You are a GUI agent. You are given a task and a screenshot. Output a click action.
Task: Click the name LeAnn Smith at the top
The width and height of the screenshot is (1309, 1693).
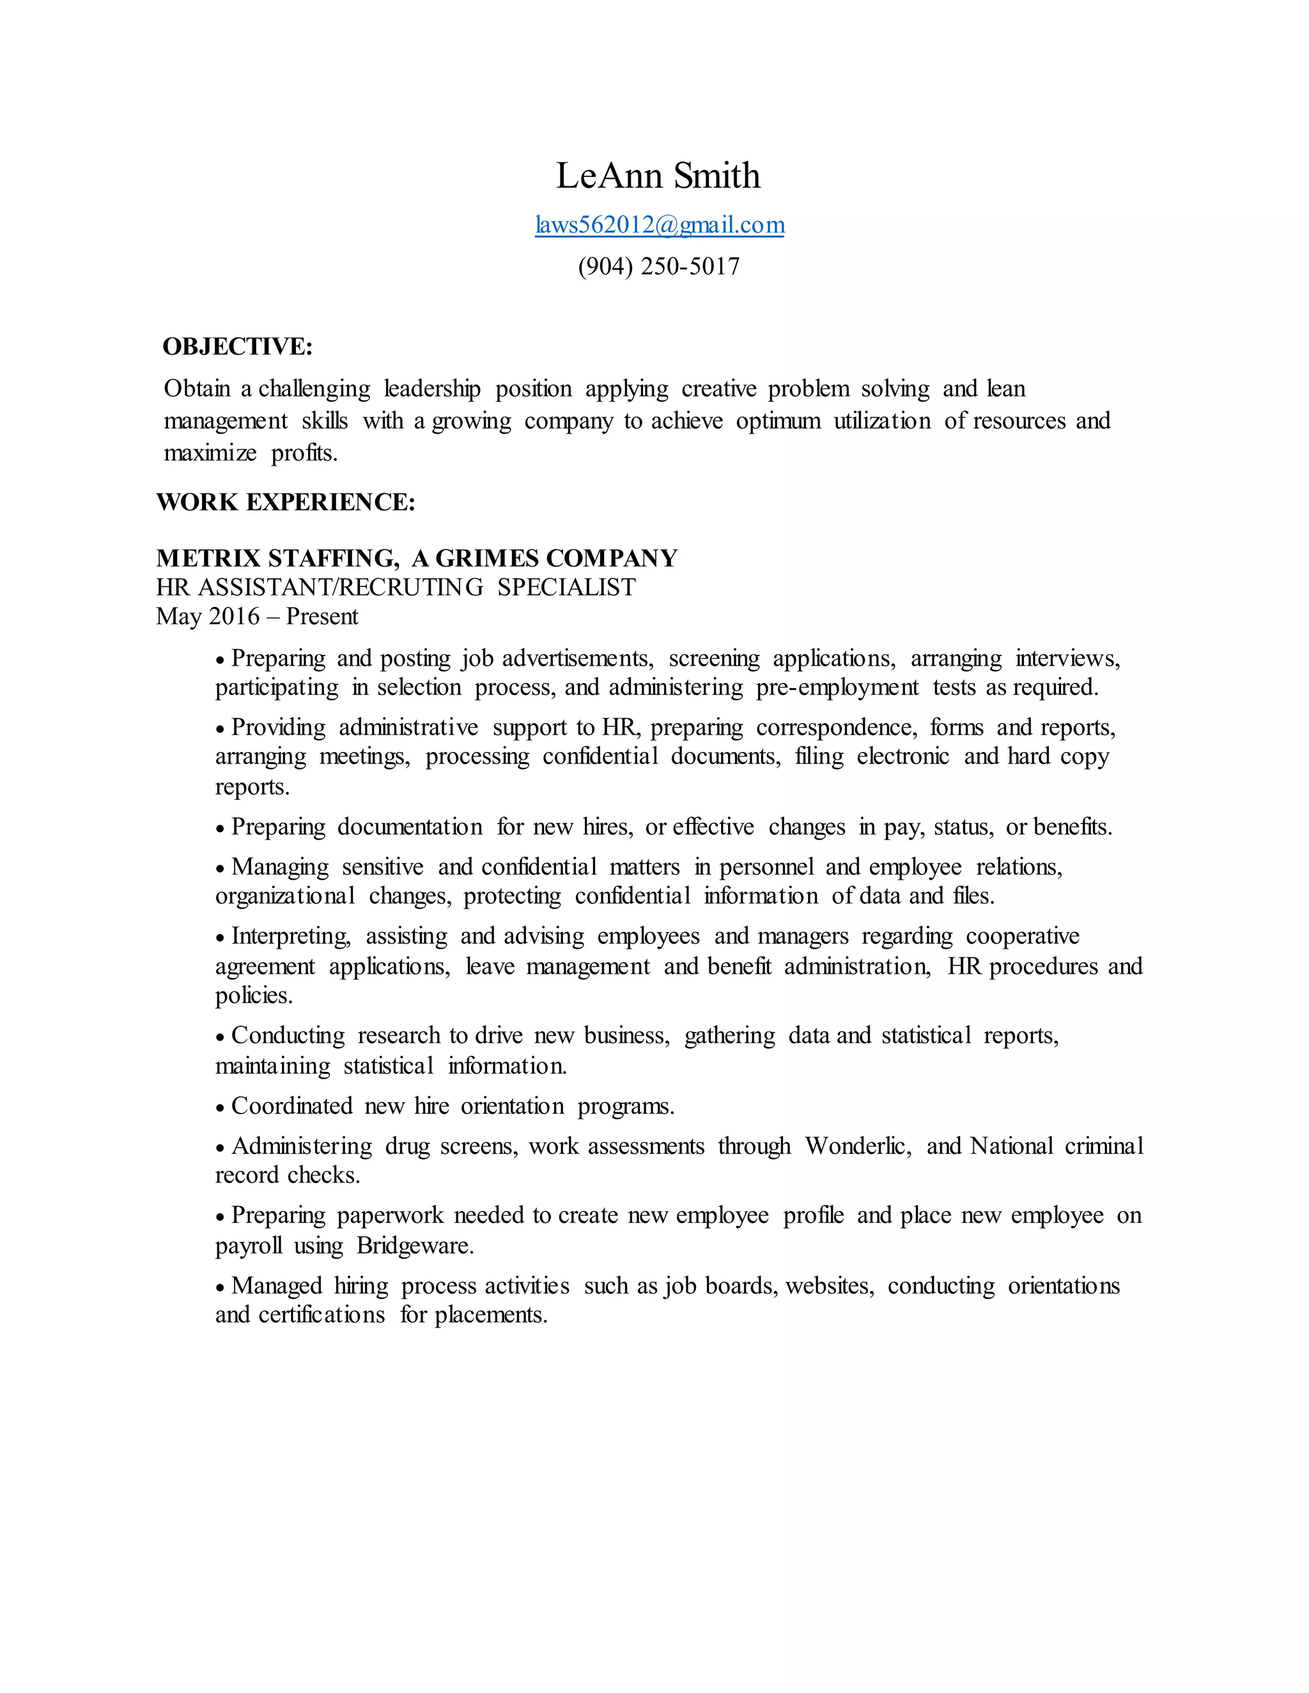click(x=658, y=176)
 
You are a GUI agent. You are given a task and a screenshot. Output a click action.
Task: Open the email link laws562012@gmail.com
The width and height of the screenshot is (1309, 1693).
click(x=659, y=225)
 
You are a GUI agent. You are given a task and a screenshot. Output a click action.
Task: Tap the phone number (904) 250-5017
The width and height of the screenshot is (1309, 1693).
click(x=658, y=266)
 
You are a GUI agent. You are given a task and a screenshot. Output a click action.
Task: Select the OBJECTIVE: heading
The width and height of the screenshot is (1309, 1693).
click(x=237, y=346)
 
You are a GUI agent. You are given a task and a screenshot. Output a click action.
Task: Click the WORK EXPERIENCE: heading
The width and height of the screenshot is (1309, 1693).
click(x=285, y=502)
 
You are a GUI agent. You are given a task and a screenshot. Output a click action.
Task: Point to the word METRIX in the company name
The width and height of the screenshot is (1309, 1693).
click(x=208, y=558)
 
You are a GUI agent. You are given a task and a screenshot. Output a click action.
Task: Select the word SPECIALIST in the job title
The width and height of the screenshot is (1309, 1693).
click(x=566, y=588)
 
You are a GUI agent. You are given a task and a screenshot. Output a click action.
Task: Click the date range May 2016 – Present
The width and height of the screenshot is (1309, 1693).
click(x=257, y=617)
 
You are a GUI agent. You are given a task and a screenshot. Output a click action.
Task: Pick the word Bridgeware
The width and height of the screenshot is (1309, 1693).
click(x=414, y=1246)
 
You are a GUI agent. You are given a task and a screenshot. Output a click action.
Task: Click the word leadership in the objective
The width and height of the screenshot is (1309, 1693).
click(x=432, y=388)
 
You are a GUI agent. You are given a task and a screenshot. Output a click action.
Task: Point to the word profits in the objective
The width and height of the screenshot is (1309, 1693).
click(x=302, y=453)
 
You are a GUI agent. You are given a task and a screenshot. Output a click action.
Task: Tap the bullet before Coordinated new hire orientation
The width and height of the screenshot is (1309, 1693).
click(x=221, y=1108)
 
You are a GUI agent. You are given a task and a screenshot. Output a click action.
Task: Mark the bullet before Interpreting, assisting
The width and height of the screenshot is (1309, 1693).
click(x=221, y=938)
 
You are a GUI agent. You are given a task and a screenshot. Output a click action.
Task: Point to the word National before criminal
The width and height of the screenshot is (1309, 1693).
click(x=1011, y=1145)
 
